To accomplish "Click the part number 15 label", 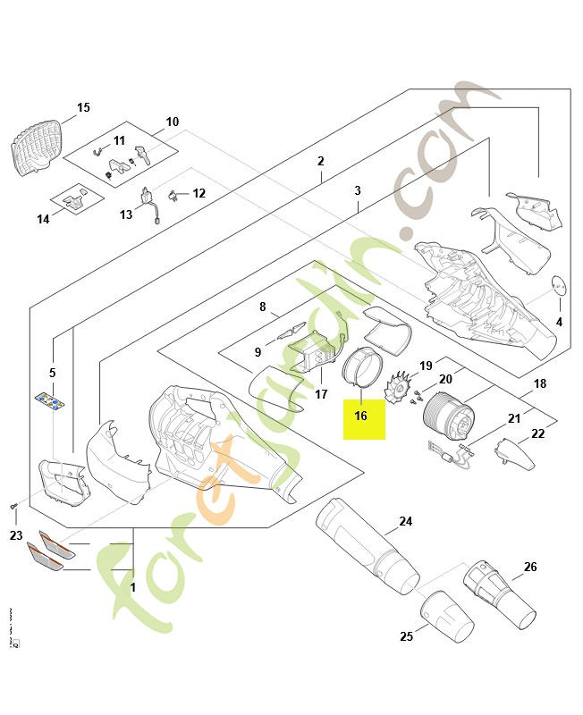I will click(83, 108).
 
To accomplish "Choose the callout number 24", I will click(405, 521).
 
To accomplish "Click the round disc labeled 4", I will click(559, 284).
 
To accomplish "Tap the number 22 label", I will click(537, 433).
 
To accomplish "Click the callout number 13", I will click(126, 214).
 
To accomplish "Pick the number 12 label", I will click(199, 193).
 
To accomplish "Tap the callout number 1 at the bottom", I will click(133, 588).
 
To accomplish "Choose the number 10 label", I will click(173, 122).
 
